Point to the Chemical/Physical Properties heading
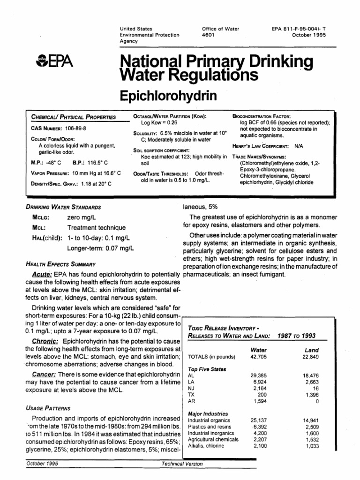pos(73,117)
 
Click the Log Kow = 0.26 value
pos(157,122)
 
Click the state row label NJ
pos(191,389)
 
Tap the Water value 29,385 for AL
pos(259,376)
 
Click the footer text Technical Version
pos(182,464)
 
